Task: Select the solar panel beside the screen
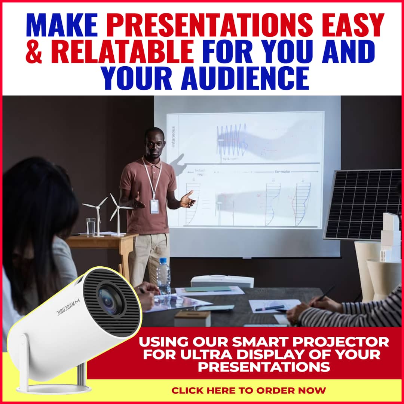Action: pyautogui.click(x=363, y=204)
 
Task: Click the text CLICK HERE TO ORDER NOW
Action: pyautogui.click(x=248, y=391)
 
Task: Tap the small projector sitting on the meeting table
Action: pyautogui.click(x=222, y=281)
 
